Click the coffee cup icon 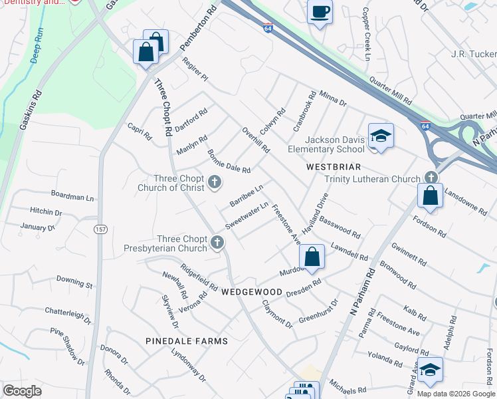320,11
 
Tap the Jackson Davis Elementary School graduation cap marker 380,136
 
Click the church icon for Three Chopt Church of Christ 214,182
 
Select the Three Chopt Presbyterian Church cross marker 217,243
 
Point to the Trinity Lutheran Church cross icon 431,178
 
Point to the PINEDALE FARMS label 187,341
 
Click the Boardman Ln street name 72,196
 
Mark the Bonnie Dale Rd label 228,161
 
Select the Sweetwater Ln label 246,215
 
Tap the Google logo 22,391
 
